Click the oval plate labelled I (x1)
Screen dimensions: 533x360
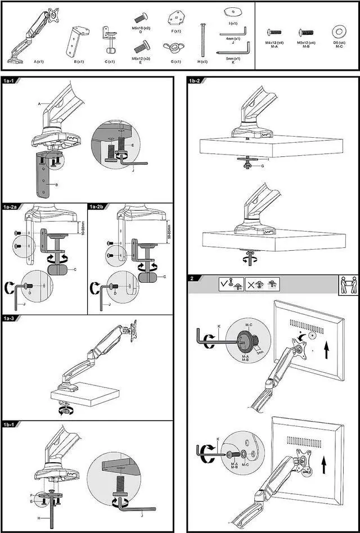[x=232, y=12]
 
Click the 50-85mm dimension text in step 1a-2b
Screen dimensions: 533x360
[x=168, y=231]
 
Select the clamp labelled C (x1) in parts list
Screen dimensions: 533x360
[x=109, y=38]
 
